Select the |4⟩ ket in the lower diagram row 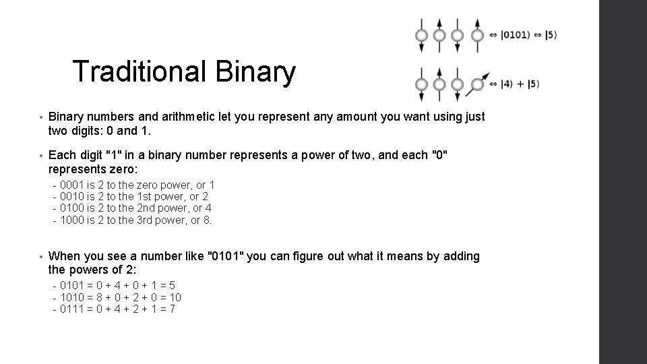pos(507,84)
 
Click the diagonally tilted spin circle pos(477,84)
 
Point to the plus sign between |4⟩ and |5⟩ pos(520,84)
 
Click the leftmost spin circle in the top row pos(421,35)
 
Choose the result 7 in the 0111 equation pos(173,309)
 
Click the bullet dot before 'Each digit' pos(42,156)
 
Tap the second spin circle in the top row pos(439,35)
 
